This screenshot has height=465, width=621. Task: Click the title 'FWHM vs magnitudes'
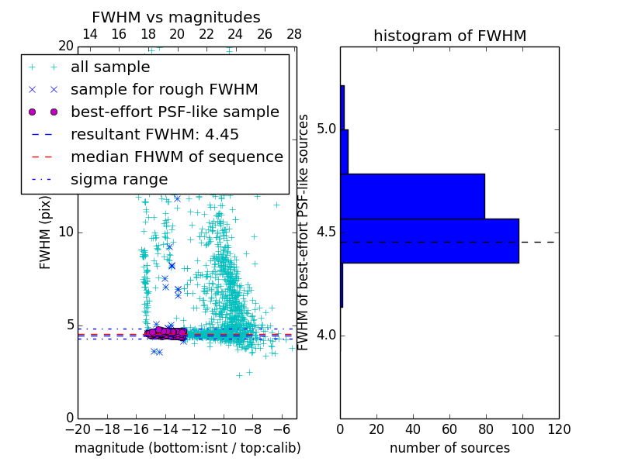pos(176,18)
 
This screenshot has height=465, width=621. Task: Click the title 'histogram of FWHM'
pos(449,36)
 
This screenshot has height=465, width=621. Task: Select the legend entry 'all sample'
pos(110,67)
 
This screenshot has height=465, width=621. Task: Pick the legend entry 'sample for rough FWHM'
pos(164,89)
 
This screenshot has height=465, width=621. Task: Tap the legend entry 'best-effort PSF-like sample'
pos(175,112)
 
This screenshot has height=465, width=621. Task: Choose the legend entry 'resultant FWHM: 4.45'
pos(154,134)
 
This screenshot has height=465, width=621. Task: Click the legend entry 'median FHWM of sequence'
pos(176,157)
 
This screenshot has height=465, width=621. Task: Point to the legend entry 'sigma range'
pos(119,180)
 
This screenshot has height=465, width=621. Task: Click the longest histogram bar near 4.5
pos(429,241)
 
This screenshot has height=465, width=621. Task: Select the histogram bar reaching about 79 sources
pos(412,196)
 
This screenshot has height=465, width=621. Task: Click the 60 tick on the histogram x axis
pos(449,429)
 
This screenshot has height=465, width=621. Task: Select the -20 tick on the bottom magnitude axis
pos(78,429)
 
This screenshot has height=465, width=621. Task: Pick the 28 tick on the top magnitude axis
pos(294,34)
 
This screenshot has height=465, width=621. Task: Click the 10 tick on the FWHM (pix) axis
pos(66,232)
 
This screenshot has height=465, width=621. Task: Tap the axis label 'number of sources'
pos(449,448)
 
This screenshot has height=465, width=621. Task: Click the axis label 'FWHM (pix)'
pos(46,232)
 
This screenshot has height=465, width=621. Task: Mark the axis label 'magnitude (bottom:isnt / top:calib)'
pos(187,448)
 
